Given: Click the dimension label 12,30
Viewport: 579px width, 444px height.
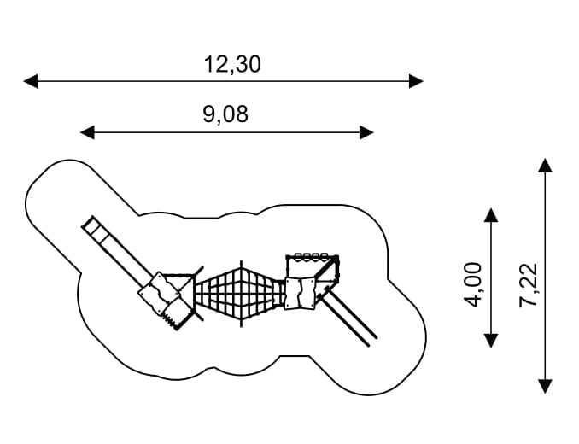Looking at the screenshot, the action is (232, 65).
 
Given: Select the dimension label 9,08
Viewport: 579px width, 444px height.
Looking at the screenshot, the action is (225, 114).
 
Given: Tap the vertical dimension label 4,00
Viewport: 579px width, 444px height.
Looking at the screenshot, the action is (473, 284).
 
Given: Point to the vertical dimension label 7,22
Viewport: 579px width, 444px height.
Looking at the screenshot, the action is (528, 285).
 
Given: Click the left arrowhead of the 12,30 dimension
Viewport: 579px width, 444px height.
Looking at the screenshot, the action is (31, 81).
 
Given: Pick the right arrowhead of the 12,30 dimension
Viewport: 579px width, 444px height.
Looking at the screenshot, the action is (416, 81).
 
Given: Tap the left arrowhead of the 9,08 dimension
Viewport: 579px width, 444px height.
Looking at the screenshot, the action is (87, 132).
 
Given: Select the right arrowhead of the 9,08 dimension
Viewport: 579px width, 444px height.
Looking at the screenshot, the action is (366, 132).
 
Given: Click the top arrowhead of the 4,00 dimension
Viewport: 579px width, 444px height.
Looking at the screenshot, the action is (491, 215).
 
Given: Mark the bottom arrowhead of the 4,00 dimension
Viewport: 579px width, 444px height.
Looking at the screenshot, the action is (491, 341).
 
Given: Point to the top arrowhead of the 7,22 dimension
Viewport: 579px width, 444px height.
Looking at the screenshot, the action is (546, 166).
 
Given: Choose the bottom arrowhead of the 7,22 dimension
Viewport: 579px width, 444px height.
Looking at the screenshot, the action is (546, 387).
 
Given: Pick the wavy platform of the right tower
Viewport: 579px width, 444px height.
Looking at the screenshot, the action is (301, 294).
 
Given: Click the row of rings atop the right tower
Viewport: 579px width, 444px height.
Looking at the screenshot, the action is (311, 256).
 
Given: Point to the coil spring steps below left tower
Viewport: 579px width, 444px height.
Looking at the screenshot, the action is (170, 319).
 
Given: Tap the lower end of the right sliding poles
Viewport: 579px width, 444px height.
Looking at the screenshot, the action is (372, 342).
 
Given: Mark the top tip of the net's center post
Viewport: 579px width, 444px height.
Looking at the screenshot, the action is (241, 260).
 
